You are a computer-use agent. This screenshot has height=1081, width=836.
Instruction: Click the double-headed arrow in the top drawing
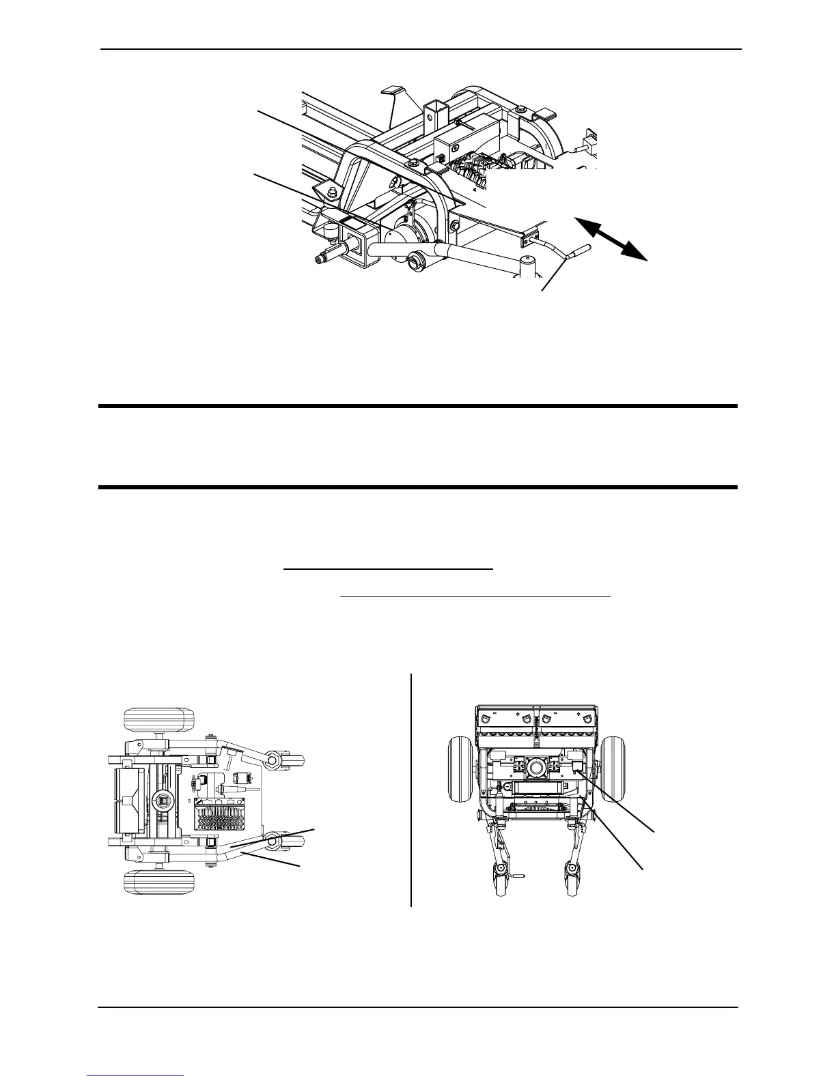pos(611,238)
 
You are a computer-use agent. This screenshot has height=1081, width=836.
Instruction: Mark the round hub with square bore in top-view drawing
pos(163,799)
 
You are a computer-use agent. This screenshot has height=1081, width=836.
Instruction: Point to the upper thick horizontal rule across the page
pos(418,407)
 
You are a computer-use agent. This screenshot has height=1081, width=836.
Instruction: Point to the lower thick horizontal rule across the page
pos(418,487)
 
